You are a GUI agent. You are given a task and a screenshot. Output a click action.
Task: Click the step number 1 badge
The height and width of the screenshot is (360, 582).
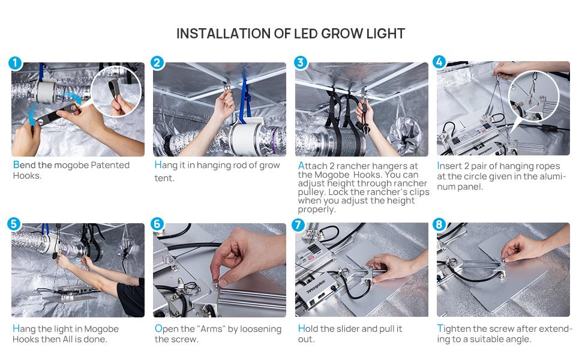click(x=15, y=63)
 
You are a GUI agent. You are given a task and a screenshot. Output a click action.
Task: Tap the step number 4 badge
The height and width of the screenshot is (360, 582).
click(x=439, y=62)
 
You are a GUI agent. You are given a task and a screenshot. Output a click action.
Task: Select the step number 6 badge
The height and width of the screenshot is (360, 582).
click(x=157, y=224)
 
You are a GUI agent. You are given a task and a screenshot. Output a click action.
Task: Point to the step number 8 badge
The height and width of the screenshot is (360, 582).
click(x=439, y=224)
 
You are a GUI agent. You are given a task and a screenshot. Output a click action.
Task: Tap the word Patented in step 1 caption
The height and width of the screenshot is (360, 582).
click(x=110, y=165)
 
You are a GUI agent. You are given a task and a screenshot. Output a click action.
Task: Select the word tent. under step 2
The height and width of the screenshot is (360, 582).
click(x=164, y=178)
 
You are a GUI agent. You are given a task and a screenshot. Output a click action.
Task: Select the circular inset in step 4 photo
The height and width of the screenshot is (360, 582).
click(x=534, y=96)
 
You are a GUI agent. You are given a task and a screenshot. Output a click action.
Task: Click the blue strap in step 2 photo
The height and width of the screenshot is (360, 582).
click(x=244, y=100)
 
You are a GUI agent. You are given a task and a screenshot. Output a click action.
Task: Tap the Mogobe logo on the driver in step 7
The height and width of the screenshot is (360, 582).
click(x=316, y=287)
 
